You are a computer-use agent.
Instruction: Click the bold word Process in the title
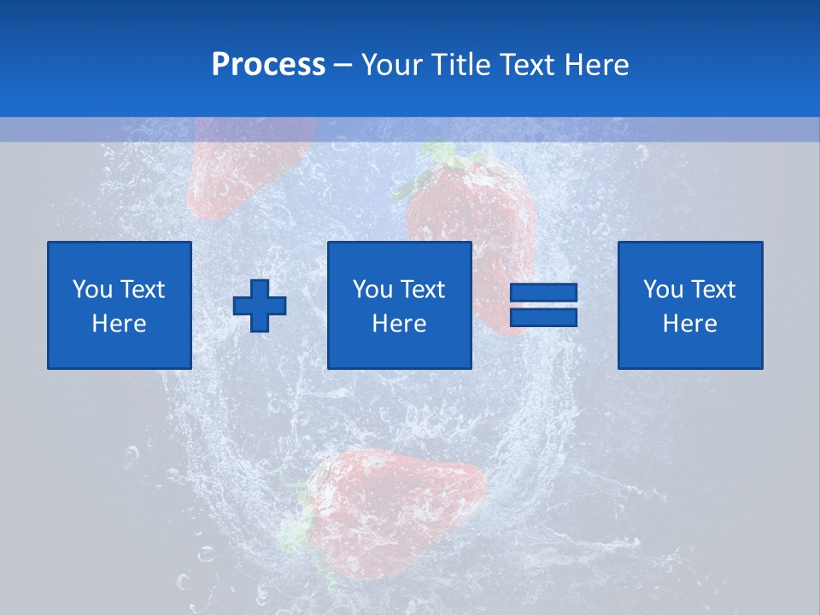tap(268, 65)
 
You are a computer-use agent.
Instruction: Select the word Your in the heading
tap(388, 65)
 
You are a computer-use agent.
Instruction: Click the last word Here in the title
tap(596, 65)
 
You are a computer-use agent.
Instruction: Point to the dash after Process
tap(343, 66)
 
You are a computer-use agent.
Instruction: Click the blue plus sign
tap(260, 306)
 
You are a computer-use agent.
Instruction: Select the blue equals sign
tap(543, 306)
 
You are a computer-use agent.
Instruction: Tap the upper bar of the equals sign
tap(543, 293)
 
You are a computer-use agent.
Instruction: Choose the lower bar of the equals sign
tap(543, 318)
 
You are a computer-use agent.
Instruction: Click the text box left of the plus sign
tap(119, 305)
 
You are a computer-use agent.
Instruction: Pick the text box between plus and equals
tap(399, 305)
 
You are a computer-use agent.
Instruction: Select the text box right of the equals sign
tap(689, 305)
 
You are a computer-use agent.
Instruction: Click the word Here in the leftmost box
tap(119, 324)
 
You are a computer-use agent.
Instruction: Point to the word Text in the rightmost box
tap(713, 290)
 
